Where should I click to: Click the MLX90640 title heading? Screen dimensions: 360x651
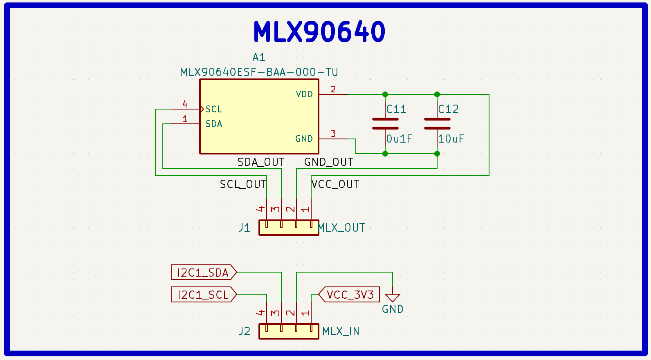[x=319, y=31]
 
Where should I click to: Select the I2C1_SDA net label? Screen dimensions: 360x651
[x=203, y=273]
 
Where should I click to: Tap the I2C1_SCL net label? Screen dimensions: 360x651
[x=203, y=295]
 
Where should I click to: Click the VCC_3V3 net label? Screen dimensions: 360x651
[x=350, y=295]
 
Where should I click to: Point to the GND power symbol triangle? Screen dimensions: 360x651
[x=393, y=298]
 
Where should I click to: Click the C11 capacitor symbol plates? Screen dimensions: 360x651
[x=385, y=123]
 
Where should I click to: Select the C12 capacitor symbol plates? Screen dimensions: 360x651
[x=437, y=123]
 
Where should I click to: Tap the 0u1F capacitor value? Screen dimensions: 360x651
[x=400, y=139]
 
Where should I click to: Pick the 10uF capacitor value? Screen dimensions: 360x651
[x=451, y=139]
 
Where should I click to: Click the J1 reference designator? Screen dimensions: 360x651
[x=245, y=228]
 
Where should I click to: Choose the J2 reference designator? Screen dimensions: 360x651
[x=245, y=331]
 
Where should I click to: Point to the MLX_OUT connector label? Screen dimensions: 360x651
[x=341, y=228]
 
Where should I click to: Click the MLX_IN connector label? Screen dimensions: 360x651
[x=341, y=331]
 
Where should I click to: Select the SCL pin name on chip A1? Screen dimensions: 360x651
[x=213, y=109]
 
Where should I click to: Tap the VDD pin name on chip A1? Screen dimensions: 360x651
[x=304, y=94]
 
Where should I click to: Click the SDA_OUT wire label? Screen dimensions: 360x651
[x=261, y=162]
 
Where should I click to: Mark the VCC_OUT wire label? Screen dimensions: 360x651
[x=335, y=184]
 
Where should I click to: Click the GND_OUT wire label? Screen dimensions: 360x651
[x=329, y=162]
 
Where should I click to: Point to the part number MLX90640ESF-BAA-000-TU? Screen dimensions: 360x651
[x=259, y=72]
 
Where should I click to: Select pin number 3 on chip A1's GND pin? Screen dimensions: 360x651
[x=333, y=134]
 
